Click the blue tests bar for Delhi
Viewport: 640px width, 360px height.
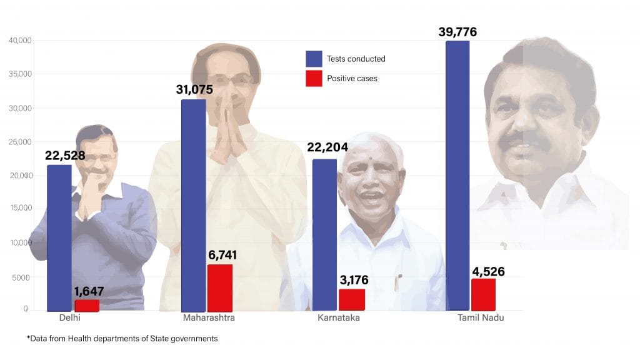(x=59, y=237)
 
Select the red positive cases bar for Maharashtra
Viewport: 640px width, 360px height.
(x=220, y=288)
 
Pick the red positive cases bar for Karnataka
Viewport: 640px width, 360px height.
(x=352, y=299)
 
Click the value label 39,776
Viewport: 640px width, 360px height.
(x=453, y=32)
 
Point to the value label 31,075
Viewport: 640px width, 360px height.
(x=194, y=89)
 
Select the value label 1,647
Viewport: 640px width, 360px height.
(x=89, y=291)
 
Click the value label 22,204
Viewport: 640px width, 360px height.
(x=327, y=147)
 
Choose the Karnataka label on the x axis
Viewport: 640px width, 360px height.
(x=338, y=318)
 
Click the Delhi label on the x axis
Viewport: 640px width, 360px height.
(x=70, y=318)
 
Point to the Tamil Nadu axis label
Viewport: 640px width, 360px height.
(x=480, y=318)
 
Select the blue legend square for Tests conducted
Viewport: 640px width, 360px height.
(x=314, y=59)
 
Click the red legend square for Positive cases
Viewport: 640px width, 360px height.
(x=314, y=79)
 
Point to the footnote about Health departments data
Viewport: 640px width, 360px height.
(x=122, y=339)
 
